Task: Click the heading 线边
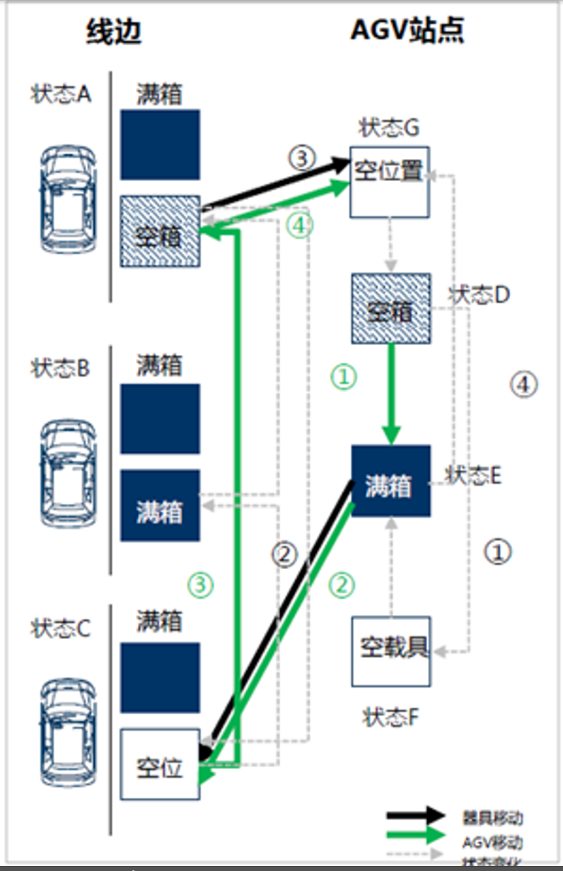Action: [x=114, y=32]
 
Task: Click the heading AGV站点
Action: [x=407, y=32]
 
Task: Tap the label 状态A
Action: [x=61, y=95]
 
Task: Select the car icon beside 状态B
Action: [x=68, y=472]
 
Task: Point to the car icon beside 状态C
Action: [x=68, y=732]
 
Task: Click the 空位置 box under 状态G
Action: [x=390, y=182]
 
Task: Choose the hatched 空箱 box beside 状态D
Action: [x=390, y=308]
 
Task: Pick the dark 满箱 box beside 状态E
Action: [x=390, y=481]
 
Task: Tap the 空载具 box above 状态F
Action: [x=391, y=650]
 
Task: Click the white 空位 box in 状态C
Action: [x=160, y=764]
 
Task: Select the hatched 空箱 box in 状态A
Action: [x=160, y=231]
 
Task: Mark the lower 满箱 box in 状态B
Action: [x=160, y=505]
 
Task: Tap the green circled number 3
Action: [x=200, y=584]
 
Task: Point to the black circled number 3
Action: [x=301, y=158]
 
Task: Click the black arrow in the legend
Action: [x=416, y=817]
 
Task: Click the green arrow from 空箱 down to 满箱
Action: [x=391, y=396]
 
